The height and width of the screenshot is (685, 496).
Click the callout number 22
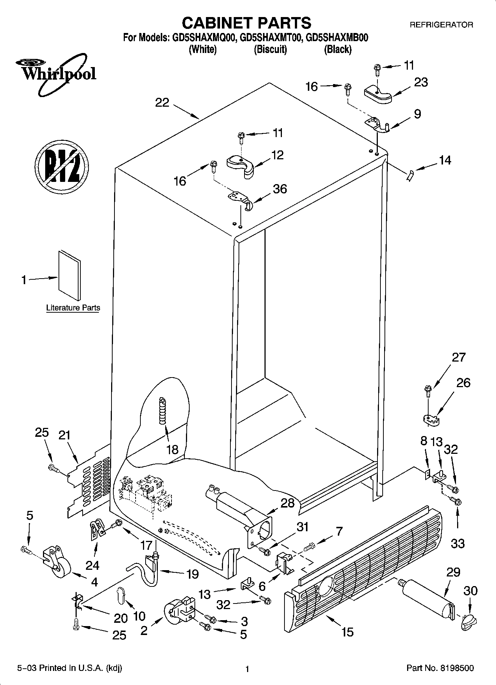tap(162, 103)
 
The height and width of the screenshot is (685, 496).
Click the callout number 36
tap(280, 189)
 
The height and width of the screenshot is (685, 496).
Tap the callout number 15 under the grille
tap(347, 631)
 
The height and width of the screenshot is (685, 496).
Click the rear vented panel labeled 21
tap(89, 482)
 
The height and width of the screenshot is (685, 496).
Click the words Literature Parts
tap(73, 308)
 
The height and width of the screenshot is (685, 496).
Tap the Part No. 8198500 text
tap(440, 668)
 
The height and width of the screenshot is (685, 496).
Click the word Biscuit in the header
tap(270, 49)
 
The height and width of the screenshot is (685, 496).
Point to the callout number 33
tap(458, 543)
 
